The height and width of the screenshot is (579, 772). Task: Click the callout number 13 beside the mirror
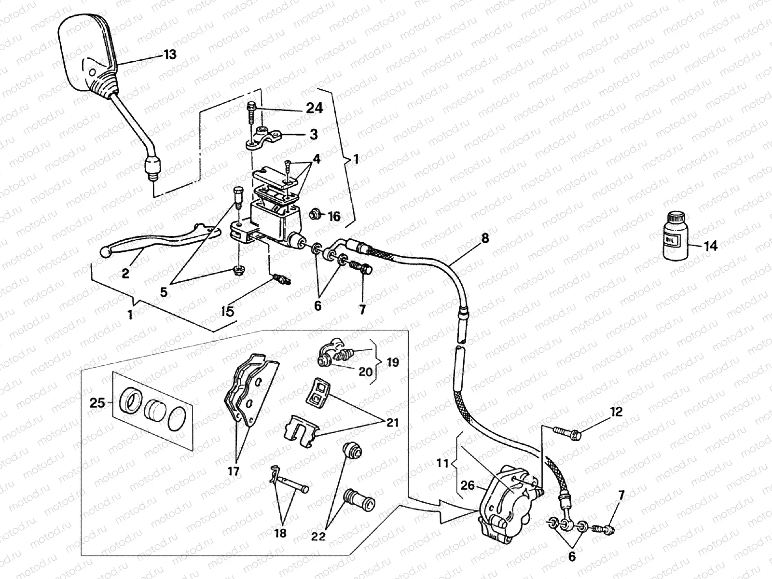(169, 55)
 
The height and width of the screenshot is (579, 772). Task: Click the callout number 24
(314, 108)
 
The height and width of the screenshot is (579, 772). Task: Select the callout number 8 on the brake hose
(484, 238)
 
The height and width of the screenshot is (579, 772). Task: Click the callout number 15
(227, 311)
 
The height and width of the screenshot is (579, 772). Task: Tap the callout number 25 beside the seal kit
(97, 402)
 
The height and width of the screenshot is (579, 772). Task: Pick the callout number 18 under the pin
(280, 533)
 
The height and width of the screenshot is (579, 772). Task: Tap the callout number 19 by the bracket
(393, 362)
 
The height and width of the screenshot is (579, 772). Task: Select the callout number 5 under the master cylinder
(164, 292)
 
